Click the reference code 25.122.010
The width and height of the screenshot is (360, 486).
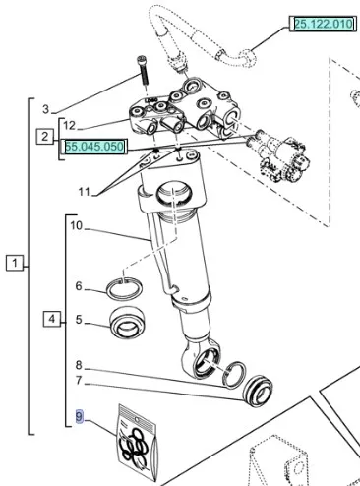[324, 24]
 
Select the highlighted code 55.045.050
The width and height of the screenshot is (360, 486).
[94, 147]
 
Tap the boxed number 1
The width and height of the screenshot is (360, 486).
[15, 263]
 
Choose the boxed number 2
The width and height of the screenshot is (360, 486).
[45, 137]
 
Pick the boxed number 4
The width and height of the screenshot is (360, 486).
[52, 319]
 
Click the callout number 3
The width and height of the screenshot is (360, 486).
[46, 109]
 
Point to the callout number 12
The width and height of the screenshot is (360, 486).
[69, 125]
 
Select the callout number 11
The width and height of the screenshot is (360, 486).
[85, 191]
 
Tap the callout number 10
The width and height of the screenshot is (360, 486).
[76, 225]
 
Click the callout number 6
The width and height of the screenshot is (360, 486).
[79, 286]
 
